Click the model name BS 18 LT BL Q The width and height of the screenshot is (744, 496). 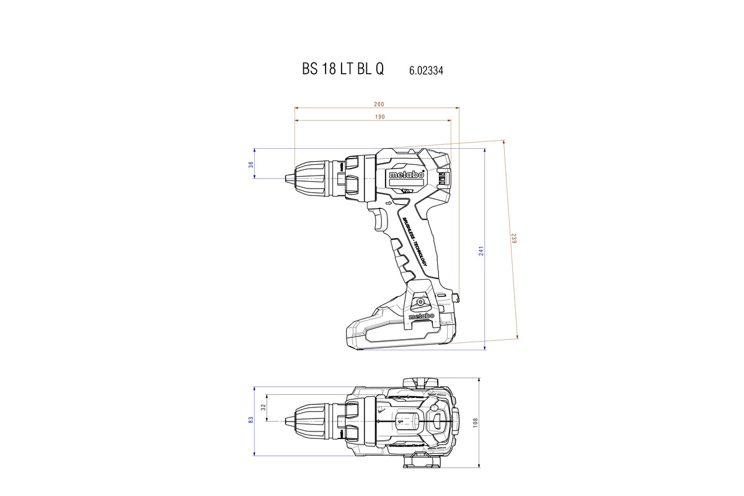pyautogui.click(x=343, y=69)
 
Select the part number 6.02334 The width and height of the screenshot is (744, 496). pyautogui.click(x=426, y=71)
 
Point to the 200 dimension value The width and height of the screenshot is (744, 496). pyautogui.click(x=379, y=104)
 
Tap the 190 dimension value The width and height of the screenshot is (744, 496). pyautogui.click(x=379, y=117)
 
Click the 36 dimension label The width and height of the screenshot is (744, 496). pyautogui.click(x=250, y=164)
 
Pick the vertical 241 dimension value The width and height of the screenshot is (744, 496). pyautogui.click(x=480, y=250)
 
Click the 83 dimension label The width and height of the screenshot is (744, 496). pyautogui.click(x=250, y=420)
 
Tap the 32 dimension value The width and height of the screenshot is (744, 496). pyautogui.click(x=263, y=407)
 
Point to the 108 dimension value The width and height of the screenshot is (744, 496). pyautogui.click(x=476, y=422)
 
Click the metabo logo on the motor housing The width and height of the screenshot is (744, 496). pyautogui.click(x=407, y=175)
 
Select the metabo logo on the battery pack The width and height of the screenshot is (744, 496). pyautogui.click(x=422, y=317)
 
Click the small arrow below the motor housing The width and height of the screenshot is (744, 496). pyautogui.click(x=389, y=203)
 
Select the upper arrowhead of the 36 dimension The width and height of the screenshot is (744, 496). pyautogui.click(x=255, y=151)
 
